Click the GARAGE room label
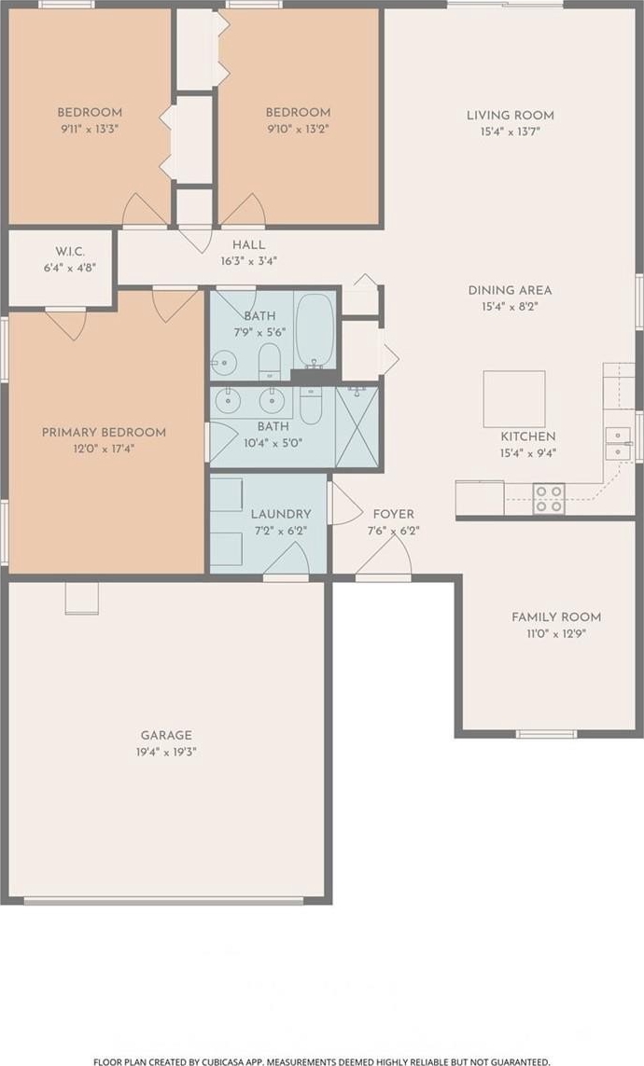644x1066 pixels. point(166,735)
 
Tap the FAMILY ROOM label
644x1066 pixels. point(556,616)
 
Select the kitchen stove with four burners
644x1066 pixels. point(549,498)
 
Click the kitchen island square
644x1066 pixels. point(514,399)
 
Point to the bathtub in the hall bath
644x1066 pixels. point(315,330)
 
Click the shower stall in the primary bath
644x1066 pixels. point(357,427)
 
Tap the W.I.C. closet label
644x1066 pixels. point(70,252)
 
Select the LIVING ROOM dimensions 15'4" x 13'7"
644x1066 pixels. point(510,132)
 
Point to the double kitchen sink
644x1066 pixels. point(619,443)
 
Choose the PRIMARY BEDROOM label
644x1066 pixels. point(104,433)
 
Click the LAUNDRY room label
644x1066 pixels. point(281,514)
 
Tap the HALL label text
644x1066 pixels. point(249,244)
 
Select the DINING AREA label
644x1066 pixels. point(510,290)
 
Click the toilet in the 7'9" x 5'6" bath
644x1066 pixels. point(270,360)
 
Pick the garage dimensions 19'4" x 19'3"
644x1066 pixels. point(166,752)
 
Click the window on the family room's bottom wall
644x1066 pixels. point(546,734)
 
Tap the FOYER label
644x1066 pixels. point(393,514)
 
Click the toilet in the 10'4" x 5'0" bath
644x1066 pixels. point(311,406)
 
